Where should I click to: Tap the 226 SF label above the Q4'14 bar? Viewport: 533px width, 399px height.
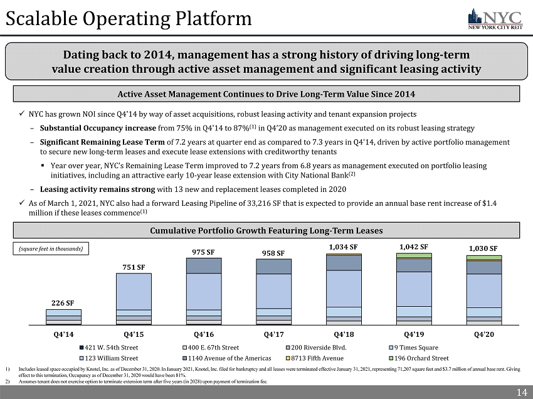coord(63,303)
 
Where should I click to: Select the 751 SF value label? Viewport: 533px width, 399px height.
coord(134,267)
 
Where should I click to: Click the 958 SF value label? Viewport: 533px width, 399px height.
coord(273,253)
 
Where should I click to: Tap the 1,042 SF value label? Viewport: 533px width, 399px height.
coord(414,247)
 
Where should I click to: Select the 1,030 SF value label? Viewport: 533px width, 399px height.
coord(483,248)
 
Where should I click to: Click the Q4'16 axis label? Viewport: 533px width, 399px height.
coord(204,334)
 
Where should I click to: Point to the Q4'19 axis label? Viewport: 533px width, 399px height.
coord(414,334)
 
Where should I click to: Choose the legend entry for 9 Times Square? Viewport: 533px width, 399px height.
coord(413,347)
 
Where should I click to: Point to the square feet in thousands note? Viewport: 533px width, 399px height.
coord(55,248)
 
